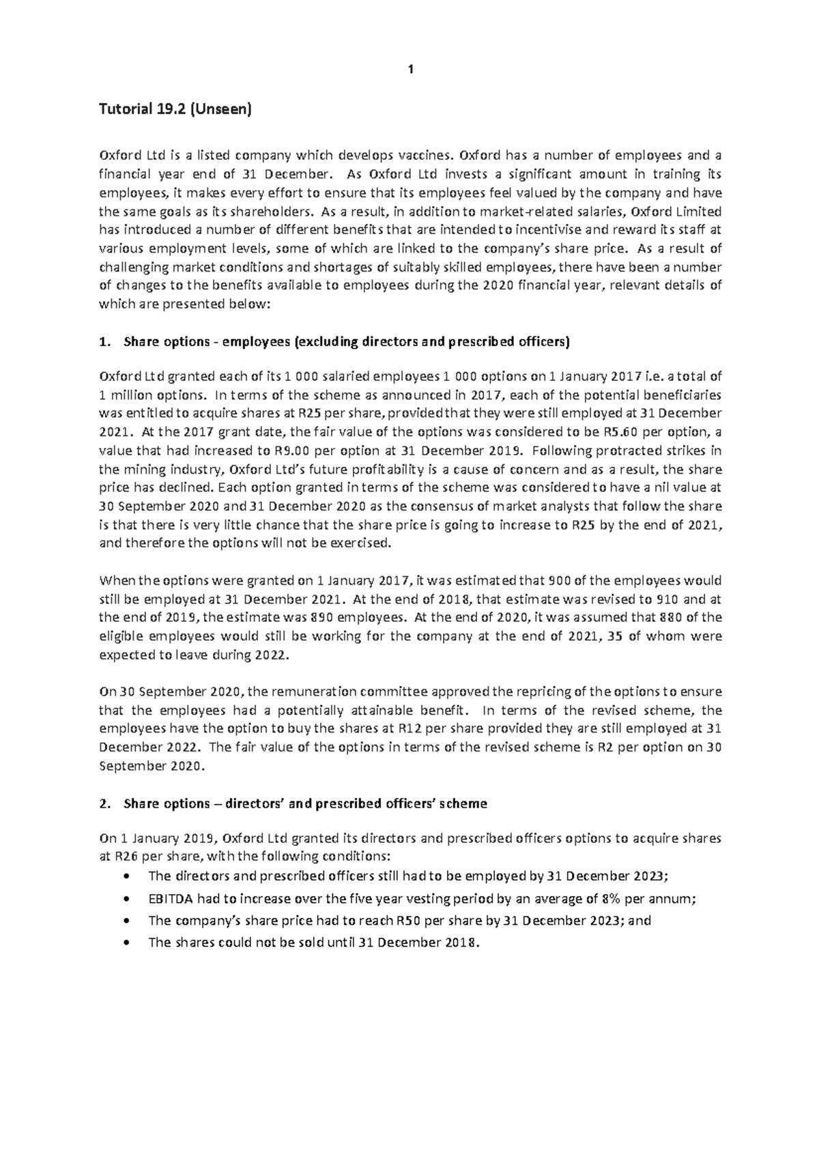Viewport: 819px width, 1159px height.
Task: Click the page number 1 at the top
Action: coord(410,69)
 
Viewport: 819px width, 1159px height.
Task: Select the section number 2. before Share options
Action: coord(104,804)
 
